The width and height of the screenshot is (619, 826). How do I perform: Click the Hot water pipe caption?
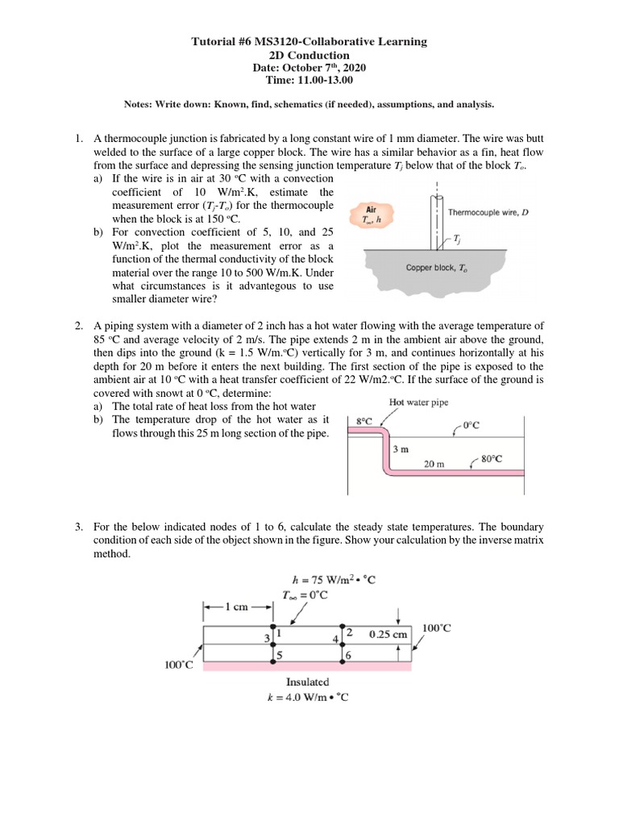420,402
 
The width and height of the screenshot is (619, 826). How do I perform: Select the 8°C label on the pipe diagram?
364,420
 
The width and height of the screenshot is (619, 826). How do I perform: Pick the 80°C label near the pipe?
492,459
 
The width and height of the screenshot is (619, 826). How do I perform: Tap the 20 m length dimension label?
435,464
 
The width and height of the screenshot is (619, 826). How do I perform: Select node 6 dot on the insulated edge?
343,664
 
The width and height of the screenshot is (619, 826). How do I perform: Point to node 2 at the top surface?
343,626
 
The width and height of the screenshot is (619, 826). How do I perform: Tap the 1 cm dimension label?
238,607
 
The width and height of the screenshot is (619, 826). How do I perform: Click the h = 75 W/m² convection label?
334,579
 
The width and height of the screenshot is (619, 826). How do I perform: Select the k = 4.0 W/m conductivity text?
309,697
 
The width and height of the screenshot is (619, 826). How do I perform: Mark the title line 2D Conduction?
309,55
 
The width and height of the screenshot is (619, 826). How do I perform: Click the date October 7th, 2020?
309,68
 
